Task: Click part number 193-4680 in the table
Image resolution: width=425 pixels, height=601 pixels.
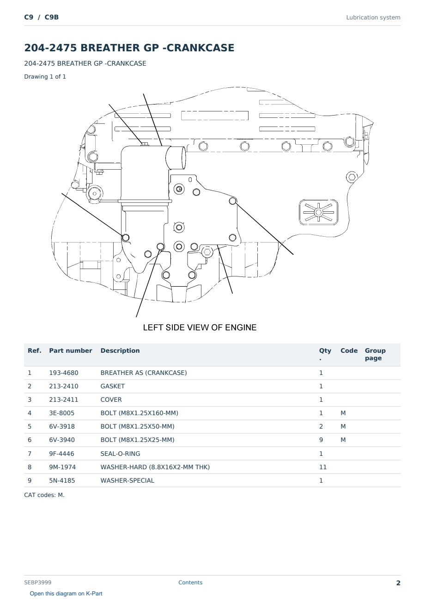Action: click(x=64, y=373)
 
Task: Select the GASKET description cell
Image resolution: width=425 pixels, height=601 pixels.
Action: click(x=113, y=386)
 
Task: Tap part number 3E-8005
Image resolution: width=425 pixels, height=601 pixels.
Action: click(x=62, y=413)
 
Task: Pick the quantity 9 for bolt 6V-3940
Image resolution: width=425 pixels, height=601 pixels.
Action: click(x=321, y=440)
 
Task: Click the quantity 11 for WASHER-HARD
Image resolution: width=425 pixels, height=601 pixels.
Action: click(x=323, y=467)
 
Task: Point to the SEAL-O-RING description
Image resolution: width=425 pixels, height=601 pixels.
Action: click(x=120, y=454)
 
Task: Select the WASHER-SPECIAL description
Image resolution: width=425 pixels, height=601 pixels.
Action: click(x=127, y=480)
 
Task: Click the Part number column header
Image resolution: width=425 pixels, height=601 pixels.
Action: click(x=71, y=351)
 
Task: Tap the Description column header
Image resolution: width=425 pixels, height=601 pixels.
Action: click(x=120, y=351)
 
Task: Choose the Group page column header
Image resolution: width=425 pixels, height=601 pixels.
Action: click(x=375, y=354)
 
